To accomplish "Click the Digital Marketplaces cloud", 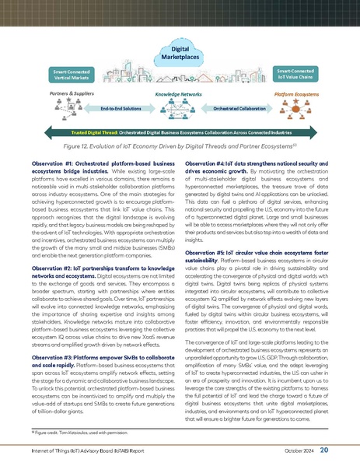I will [x=180, y=52].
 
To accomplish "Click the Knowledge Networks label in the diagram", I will [x=178, y=92].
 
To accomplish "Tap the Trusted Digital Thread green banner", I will [x=180, y=133].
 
